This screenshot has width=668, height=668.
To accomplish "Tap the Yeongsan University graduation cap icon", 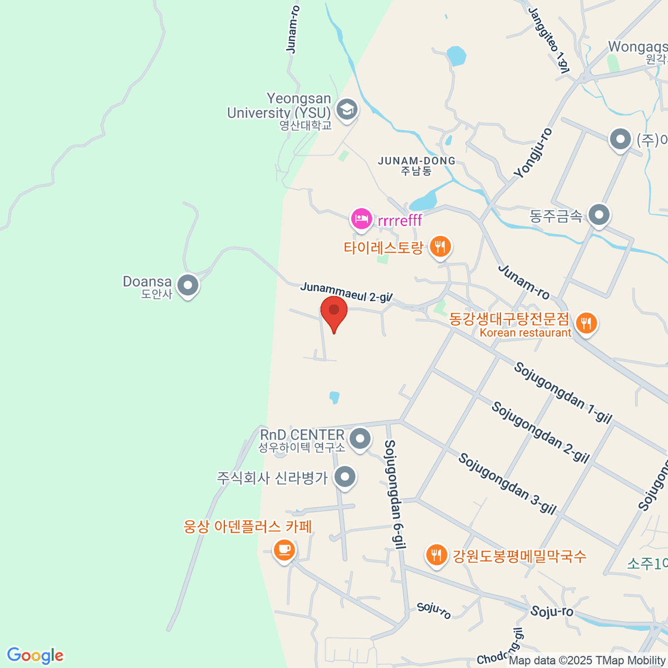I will [x=347, y=109].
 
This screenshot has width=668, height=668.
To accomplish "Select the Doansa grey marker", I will [x=188, y=286].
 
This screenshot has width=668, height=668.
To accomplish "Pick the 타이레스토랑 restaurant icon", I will [x=440, y=247].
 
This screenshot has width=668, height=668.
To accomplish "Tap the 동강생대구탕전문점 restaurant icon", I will [x=586, y=323].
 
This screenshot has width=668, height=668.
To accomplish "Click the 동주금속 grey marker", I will [x=600, y=215].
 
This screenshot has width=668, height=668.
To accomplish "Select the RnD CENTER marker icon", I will [x=360, y=439].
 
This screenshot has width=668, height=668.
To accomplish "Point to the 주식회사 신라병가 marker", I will [x=345, y=477].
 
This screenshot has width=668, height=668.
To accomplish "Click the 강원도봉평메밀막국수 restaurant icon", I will [x=437, y=555].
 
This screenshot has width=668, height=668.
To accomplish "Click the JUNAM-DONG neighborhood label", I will [x=416, y=165].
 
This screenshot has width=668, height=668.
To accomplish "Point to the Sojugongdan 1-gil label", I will [x=562, y=392].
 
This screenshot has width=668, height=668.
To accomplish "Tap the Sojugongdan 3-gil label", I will [x=507, y=484].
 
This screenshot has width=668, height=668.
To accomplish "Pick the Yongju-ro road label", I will [x=533, y=154].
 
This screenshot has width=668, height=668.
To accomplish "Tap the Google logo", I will [x=35, y=656].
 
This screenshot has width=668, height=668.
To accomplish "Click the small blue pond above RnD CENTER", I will [x=334, y=397].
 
